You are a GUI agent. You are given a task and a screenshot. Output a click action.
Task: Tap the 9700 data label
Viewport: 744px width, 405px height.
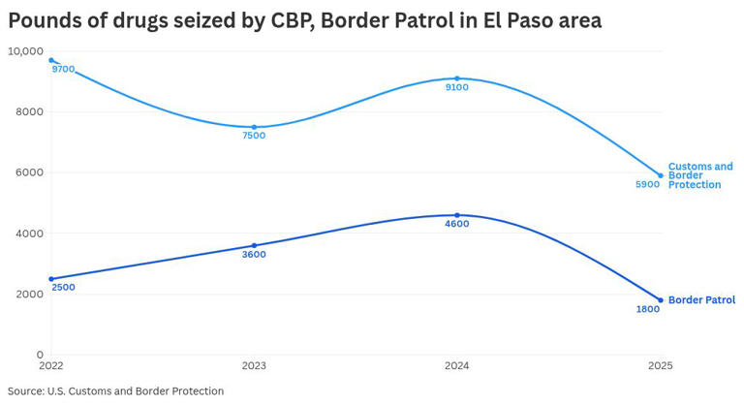tap(64, 70)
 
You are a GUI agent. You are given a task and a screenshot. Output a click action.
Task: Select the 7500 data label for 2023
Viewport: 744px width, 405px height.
tap(254, 136)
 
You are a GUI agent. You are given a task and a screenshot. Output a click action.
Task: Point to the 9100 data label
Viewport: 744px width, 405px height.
tap(456, 87)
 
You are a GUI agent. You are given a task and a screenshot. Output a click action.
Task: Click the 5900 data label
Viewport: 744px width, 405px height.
tap(647, 184)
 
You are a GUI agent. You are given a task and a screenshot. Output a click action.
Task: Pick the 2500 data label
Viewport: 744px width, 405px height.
tap(63, 287)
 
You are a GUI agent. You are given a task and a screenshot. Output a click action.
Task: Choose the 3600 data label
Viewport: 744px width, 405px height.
tap(254, 255)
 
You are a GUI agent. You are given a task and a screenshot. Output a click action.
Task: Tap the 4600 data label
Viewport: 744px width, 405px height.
tap(456, 224)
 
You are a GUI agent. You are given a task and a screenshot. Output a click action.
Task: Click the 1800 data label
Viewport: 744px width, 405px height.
tap(647, 309)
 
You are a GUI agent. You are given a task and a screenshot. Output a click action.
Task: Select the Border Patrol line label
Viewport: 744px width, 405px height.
tap(701, 300)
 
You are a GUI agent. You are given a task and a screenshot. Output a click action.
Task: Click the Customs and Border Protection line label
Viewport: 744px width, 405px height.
tap(700, 175)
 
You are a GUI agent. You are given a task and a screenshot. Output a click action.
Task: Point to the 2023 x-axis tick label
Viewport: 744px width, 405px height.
tap(254, 366)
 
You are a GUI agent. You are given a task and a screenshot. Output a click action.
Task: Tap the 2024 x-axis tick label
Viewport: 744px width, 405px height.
tap(456, 366)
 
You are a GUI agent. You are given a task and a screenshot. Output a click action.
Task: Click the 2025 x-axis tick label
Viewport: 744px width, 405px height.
tap(659, 366)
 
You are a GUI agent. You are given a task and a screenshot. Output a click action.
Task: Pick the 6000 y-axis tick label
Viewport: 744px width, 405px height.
tap(29, 172)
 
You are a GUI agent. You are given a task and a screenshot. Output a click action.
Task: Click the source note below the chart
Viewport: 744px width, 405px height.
tap(115, 391)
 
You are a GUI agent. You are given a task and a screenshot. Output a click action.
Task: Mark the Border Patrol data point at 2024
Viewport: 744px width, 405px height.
tap(457, 215)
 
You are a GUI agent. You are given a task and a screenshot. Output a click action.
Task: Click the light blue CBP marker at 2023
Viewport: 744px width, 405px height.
tap(254, 127)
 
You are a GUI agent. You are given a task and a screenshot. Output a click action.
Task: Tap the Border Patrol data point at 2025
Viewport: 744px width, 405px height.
tap(661, 300)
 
